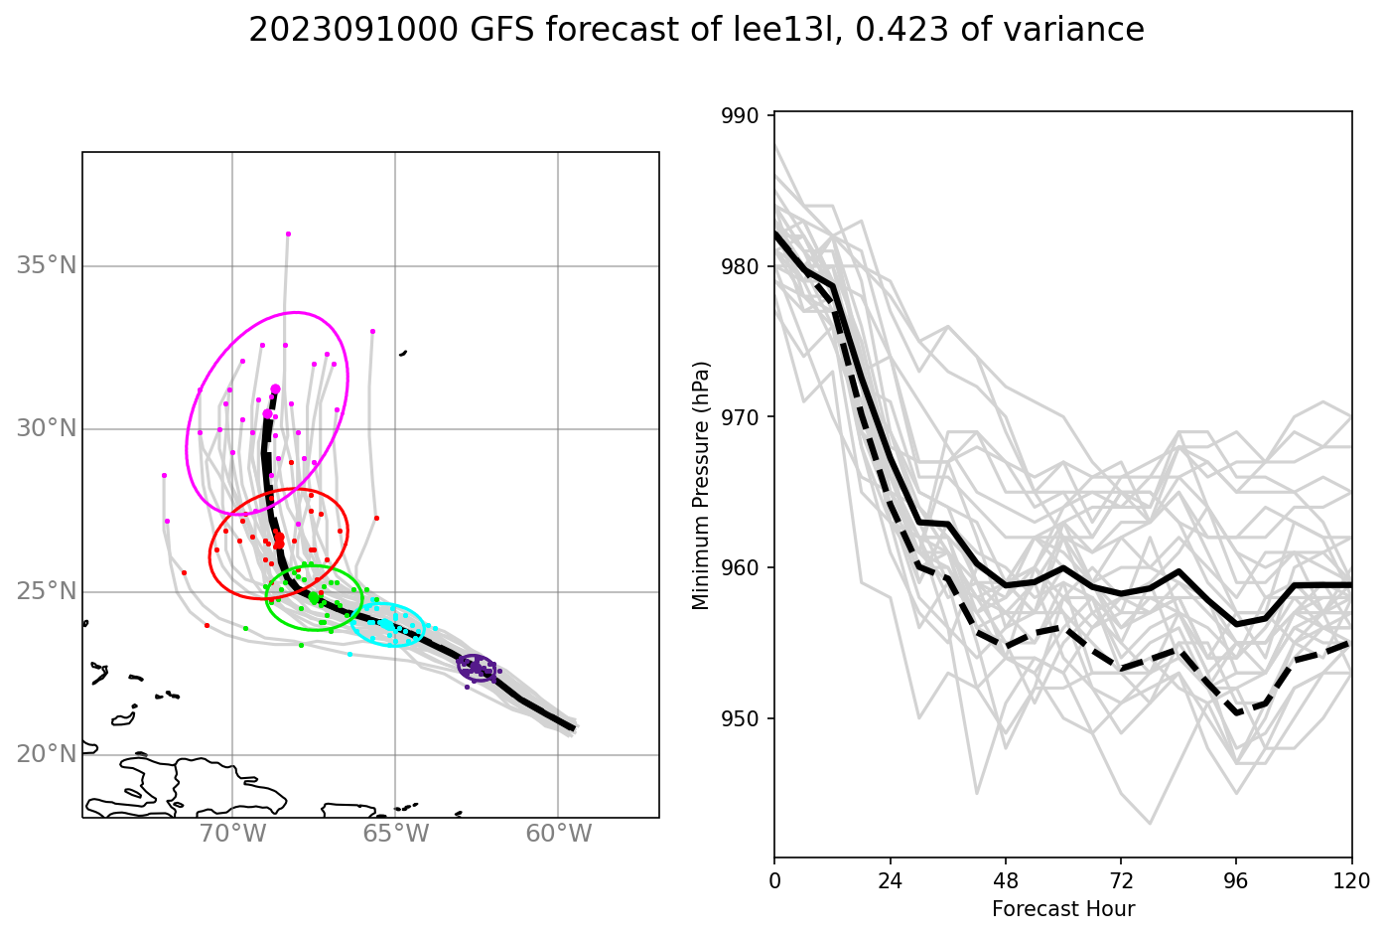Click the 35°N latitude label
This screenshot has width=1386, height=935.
point(47,265)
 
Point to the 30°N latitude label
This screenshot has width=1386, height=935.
point(47,428)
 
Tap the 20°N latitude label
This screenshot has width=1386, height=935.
point(47,754)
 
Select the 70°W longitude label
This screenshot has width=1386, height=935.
point(233,834)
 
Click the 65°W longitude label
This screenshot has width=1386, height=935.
point(395,834)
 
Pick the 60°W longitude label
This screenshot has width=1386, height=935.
point(558,834)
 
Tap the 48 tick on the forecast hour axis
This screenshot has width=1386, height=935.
point(1006,880)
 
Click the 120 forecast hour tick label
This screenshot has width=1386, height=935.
point(1351,880)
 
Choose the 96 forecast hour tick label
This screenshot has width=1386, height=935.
point(1236,880)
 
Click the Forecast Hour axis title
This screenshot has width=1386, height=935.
point(1062,909)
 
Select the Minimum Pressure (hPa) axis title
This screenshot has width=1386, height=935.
point(702,485)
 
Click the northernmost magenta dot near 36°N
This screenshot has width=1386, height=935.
point(288,234)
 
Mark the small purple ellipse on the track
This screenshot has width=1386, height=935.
point(476,667)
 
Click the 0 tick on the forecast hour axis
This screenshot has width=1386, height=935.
point(774,880)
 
